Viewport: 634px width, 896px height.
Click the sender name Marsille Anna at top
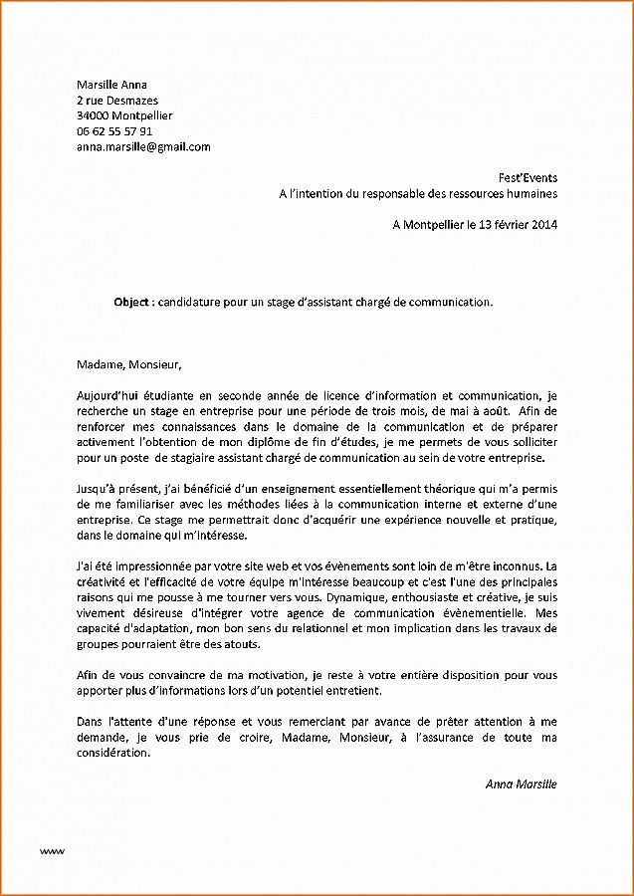coord(111,85)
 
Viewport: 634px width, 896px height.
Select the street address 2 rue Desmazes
coord(116,101)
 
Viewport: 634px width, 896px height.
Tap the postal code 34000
coord(93,115)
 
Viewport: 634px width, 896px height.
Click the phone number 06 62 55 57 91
coord(114,131)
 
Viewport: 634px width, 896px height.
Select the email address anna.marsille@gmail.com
coord(143,146)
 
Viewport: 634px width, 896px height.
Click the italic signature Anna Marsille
coord(521,784)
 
